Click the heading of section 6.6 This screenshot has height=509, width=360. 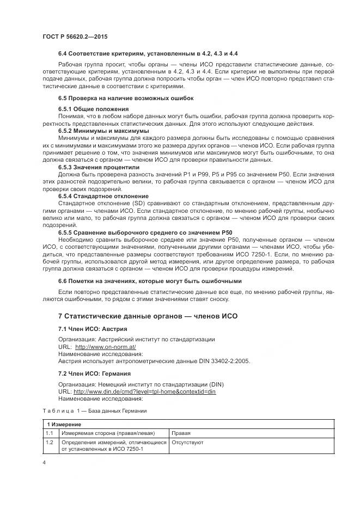[x=149, y=281]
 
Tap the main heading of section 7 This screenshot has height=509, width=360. [x=148, y=316]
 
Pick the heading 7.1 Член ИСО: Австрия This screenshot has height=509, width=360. [x=93, y=329]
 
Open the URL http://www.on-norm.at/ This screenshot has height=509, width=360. [x=105, y=347]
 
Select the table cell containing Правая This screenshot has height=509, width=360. [x=181, y=433]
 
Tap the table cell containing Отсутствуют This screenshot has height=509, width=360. [x=187, y=443]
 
